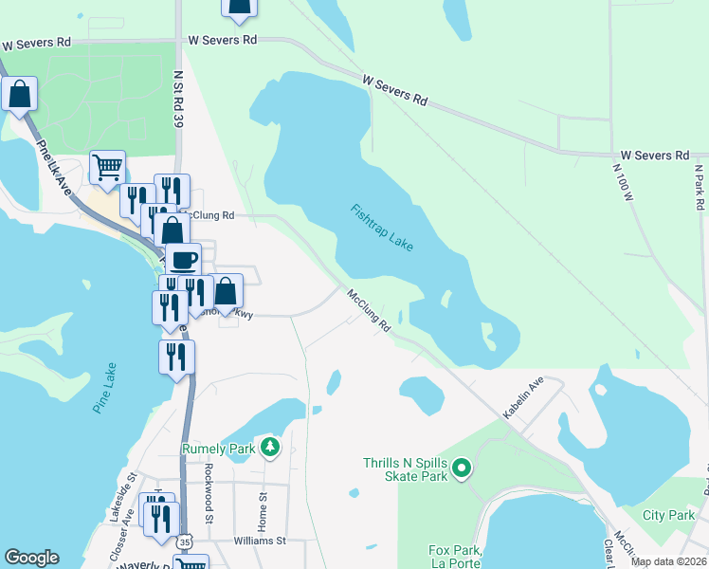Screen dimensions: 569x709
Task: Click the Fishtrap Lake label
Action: tap(382, 228)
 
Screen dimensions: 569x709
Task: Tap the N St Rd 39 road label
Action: tap(177, 90)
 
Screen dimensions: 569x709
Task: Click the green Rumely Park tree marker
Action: tap(270, 446)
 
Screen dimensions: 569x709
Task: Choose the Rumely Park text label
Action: tap(220, 447)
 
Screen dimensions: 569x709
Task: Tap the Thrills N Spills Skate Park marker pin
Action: tap(462, 468)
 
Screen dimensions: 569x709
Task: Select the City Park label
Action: tap(668, 515)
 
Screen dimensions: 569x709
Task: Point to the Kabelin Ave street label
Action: tap(522, 398)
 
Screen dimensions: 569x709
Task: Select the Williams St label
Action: tap(261, 541)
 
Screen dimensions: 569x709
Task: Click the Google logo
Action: tap(31, 558)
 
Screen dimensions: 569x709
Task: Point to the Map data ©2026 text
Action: tap(666, 561)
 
